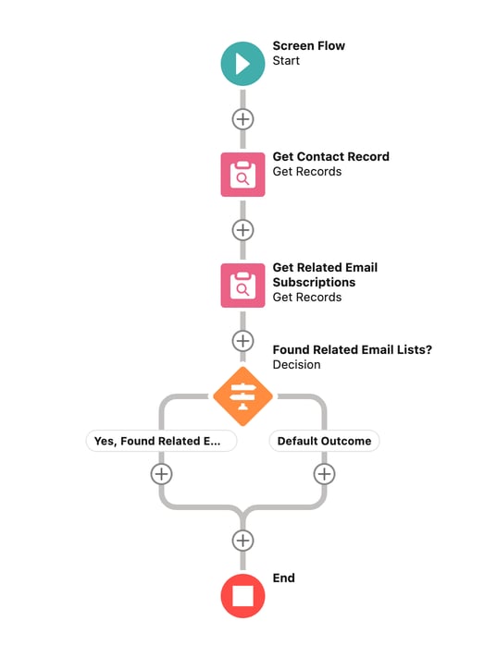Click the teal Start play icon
242,64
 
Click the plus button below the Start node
242,119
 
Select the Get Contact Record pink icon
242,174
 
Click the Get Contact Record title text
330,157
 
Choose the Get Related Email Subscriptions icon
242,285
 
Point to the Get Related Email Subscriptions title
325,274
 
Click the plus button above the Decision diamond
242,341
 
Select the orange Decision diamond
242,397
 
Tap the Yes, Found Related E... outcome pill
161,442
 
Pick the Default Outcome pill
324,442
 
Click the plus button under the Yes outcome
161,474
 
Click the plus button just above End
242,540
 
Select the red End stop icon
242,595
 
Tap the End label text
283,578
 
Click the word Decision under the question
296,365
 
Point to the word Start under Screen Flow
286,61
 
